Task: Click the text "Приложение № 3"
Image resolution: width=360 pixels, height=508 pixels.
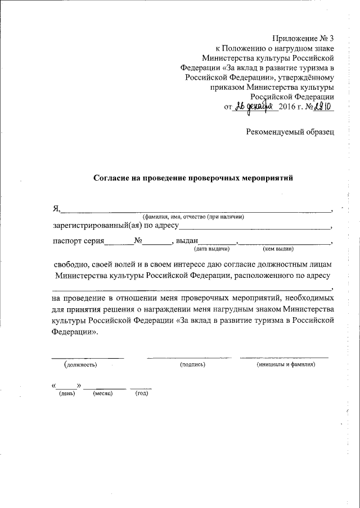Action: [x=303, y=39]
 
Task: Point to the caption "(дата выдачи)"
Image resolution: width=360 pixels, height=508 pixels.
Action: [x=211, y=249]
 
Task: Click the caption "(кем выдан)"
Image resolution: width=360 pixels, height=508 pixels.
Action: [x=278, y=249]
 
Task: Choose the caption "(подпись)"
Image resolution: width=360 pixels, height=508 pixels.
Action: [x=192, y=364]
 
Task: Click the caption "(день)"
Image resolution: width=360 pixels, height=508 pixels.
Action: [x=67, y=393]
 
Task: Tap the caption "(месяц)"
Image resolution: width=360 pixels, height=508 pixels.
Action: [x=103, y=393]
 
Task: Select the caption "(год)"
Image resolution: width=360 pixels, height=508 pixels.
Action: [x=141, y=393]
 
